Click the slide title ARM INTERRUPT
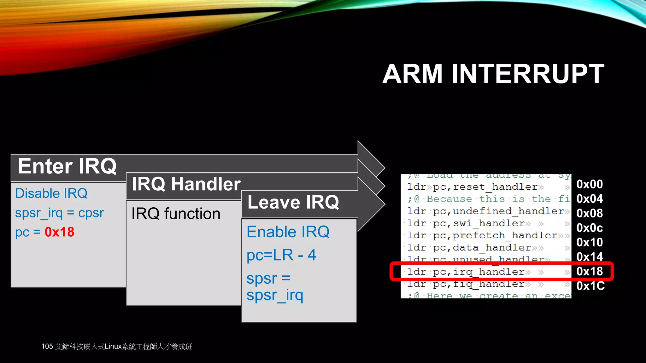point(493,74)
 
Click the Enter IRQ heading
point(67,166)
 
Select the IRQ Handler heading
point(186,184)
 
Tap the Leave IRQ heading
point(293,202)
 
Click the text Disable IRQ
point(51,193)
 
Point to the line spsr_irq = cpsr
point(59,213)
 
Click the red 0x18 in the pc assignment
point(59,232)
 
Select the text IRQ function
point(176,214)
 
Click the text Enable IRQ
point(288,232)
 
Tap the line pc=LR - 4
point(281,255)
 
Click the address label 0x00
point(589,184)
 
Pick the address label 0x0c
point(589,228)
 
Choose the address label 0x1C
point(590,286)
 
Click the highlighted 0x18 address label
point(589,272)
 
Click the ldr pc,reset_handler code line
point(472,187)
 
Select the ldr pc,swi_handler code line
point(466,223)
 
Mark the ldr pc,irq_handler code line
point(466,272)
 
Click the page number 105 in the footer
point(47,347)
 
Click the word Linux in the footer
point(113,347)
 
